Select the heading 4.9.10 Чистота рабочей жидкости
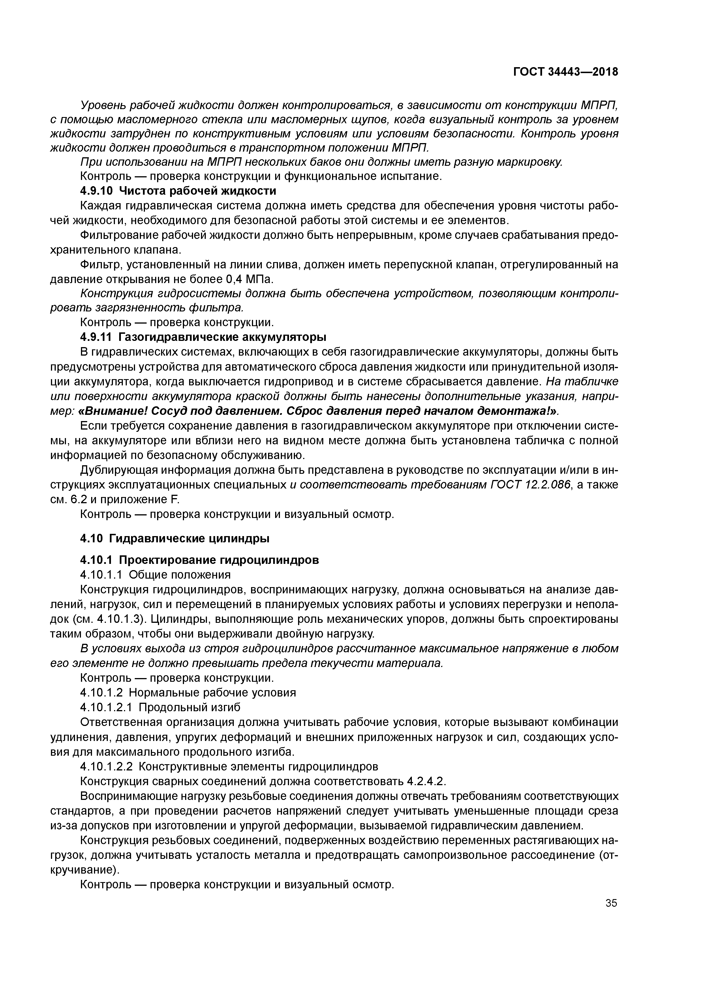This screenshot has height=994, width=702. click(178, 191)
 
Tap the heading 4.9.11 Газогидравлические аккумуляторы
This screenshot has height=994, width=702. click(203, 337)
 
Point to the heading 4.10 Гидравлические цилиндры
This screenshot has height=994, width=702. click(175, 539)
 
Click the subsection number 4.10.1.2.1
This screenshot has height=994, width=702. click(108, 707)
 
